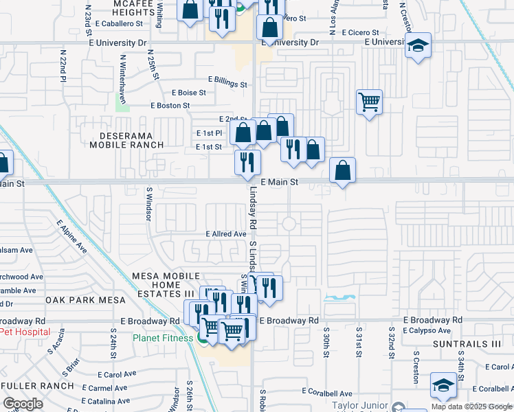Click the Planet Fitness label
click(164, 338)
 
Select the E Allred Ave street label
click(226, 234)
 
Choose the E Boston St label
click(170, 106)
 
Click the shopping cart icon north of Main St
click(370, 102)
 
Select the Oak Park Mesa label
click(86, 300)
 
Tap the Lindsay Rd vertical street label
click(253, 209)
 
